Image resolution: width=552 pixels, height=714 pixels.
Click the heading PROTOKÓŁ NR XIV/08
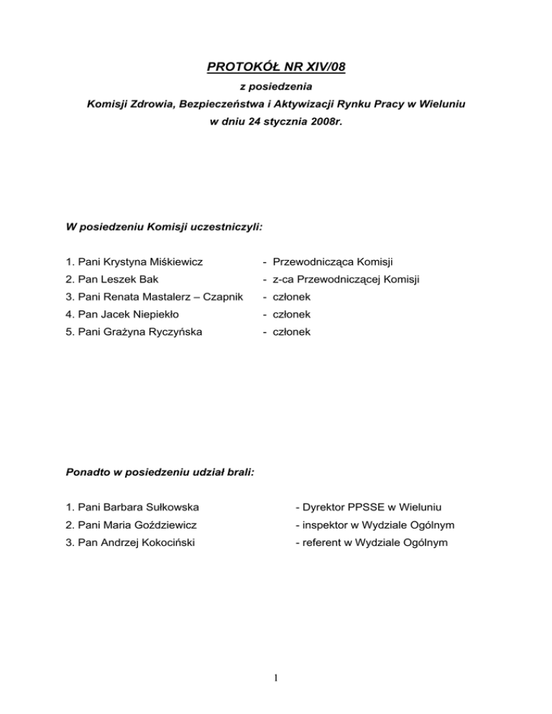276,69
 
